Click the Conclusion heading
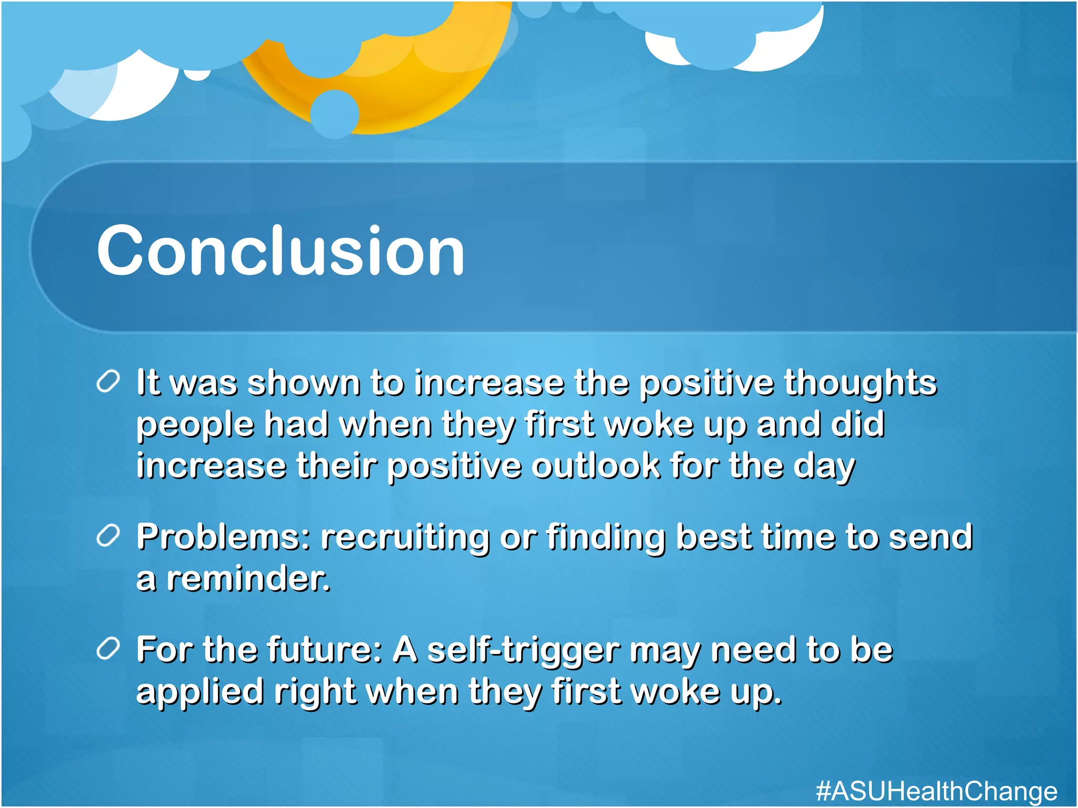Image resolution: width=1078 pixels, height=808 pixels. tap(280, 250)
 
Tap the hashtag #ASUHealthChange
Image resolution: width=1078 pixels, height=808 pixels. tap(936, 791)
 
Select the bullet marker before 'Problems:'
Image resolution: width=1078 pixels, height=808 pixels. tap(108, 536)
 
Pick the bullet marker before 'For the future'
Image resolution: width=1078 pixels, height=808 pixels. tap(108, 649)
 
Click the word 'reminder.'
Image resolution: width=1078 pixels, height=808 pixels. tap(248, 579)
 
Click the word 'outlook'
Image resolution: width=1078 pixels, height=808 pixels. tap(595, 466)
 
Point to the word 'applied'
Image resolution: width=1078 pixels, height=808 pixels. tap(199, 693)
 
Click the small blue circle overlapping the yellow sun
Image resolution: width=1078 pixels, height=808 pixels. tap(335, 114)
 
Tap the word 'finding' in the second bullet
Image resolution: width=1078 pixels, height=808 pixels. tap(606, 538)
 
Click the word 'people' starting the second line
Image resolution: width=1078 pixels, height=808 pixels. tap(195, 426)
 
